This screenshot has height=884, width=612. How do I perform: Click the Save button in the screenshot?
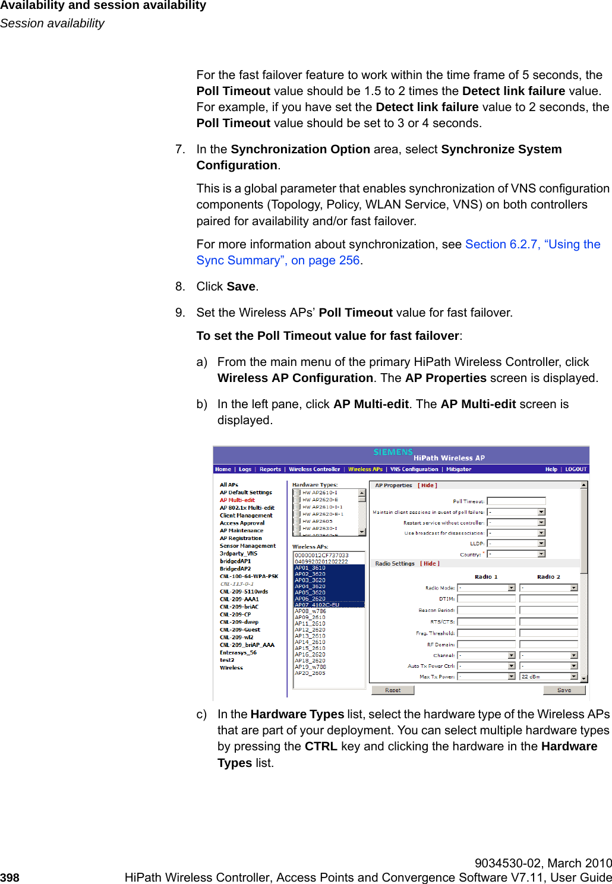(564, 690)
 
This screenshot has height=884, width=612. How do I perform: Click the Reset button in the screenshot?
(392, 690)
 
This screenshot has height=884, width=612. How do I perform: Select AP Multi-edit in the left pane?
(237, 500)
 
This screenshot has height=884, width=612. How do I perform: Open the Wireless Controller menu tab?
(314, 469)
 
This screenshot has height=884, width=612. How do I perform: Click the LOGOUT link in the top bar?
(575, 469)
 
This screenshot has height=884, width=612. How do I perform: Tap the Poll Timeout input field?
(516, 501)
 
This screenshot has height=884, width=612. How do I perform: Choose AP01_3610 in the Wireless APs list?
(310, 568)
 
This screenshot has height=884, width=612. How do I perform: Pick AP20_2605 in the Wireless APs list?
(310, 673)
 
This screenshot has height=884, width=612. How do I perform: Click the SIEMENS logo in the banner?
(393, 453)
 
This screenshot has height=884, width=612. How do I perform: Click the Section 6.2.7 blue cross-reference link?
(532, 245)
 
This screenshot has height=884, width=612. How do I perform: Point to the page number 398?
(10, 877)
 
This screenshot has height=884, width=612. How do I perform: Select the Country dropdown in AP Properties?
(516, 554)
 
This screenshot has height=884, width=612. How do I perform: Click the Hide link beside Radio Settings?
(430, 564)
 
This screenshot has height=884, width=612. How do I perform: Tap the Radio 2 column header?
(548, 577)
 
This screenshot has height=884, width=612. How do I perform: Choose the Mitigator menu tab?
(458, 469)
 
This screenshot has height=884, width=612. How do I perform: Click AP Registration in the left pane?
(241, 538)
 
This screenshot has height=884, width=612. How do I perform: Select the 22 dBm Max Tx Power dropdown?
(548, 677)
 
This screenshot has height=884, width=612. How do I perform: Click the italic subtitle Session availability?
(52, 23)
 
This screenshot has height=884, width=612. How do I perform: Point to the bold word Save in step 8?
(241, 287)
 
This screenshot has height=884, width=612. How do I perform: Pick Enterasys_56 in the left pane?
(238, 652)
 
